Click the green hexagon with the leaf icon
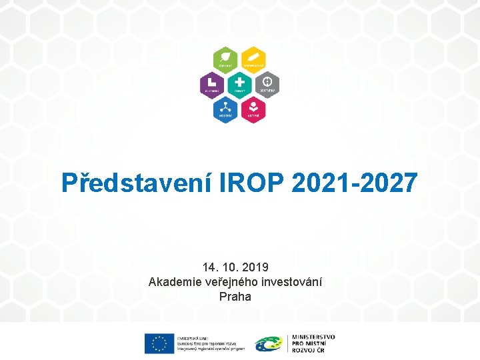coord(226,59)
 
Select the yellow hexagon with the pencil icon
coord(253,59)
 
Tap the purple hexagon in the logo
coord(213,83)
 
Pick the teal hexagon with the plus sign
coord(240,83)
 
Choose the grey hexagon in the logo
coord(267,83)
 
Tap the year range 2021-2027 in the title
coord(355,182)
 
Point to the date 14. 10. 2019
coord(235,267)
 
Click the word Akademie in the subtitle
coord(175,282)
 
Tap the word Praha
coord(235,297)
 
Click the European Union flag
coord(159,343)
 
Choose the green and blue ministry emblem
coord(268,343)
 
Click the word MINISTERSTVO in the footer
coord(313,337)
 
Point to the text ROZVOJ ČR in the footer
coord(307,349)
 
